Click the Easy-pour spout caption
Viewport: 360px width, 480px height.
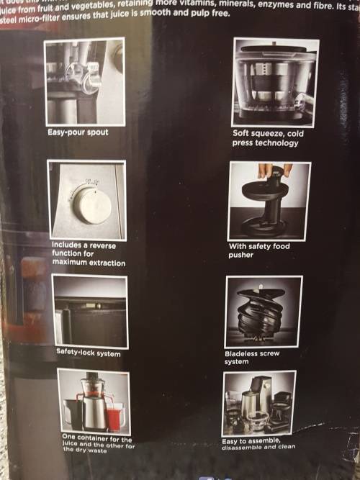tap(78, 132)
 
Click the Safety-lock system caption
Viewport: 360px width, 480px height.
tap(89, 353)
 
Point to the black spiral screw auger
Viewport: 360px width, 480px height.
tap(263, 314)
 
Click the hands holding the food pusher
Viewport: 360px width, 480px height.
tap(275, 171)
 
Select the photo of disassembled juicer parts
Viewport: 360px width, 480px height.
tap(258, 403)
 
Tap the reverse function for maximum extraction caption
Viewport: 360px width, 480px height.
tap(88, 254)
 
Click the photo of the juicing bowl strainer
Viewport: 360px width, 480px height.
tap(274, 81)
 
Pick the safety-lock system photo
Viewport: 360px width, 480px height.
tap(90, 311)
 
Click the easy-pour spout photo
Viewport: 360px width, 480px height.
tap(84, 81)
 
